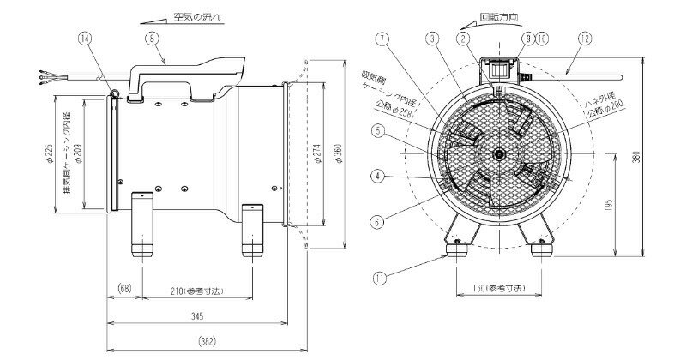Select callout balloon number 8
point(151,38)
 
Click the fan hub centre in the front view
point(497,154)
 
